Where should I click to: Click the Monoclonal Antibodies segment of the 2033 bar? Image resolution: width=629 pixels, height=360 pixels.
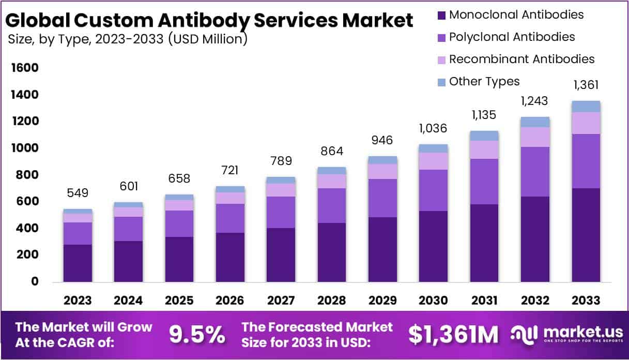pos(586,235)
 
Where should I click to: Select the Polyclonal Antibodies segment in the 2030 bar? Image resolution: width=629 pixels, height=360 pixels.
pos(433,190)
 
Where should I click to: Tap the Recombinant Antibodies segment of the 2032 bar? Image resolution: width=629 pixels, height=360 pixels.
pos(535,137)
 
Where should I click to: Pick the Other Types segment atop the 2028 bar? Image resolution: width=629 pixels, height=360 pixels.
pos(332,171)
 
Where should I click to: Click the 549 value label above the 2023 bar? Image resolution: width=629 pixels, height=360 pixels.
pos(78,193)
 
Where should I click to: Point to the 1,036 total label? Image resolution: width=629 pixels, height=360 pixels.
pos(433,128)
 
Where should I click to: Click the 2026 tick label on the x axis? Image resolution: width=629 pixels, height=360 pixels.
pos(230,301)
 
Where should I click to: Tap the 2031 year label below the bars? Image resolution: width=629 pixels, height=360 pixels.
pos(484,301)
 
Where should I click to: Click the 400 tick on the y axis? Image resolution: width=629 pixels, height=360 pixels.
pos(27,228)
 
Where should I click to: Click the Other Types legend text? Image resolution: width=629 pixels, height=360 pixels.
pos(484,81)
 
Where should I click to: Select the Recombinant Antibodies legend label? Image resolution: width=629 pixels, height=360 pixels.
pos(521,59)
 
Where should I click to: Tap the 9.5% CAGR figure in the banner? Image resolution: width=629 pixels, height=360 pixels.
pos(197,335)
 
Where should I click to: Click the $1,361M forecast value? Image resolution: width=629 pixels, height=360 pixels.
pos(453,335)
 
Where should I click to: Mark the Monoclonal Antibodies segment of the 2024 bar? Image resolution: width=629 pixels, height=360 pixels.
pos(128,261)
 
